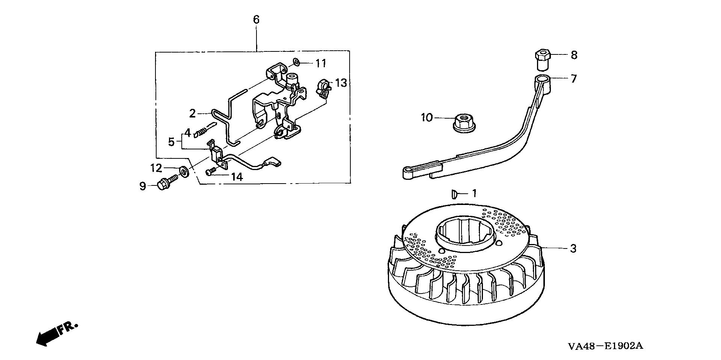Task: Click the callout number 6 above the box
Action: pos(256,20)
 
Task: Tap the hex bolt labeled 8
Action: pos(541,60)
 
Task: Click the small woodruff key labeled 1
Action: pos(454,194)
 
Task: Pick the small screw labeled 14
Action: pos(210,172)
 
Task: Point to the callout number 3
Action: pos(573,249)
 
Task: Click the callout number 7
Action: pos(573,79)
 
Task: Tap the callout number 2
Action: pos(192,113)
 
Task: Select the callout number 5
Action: pos(171,142)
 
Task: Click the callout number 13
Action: pos(341,83)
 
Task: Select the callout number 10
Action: pos(427,118)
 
